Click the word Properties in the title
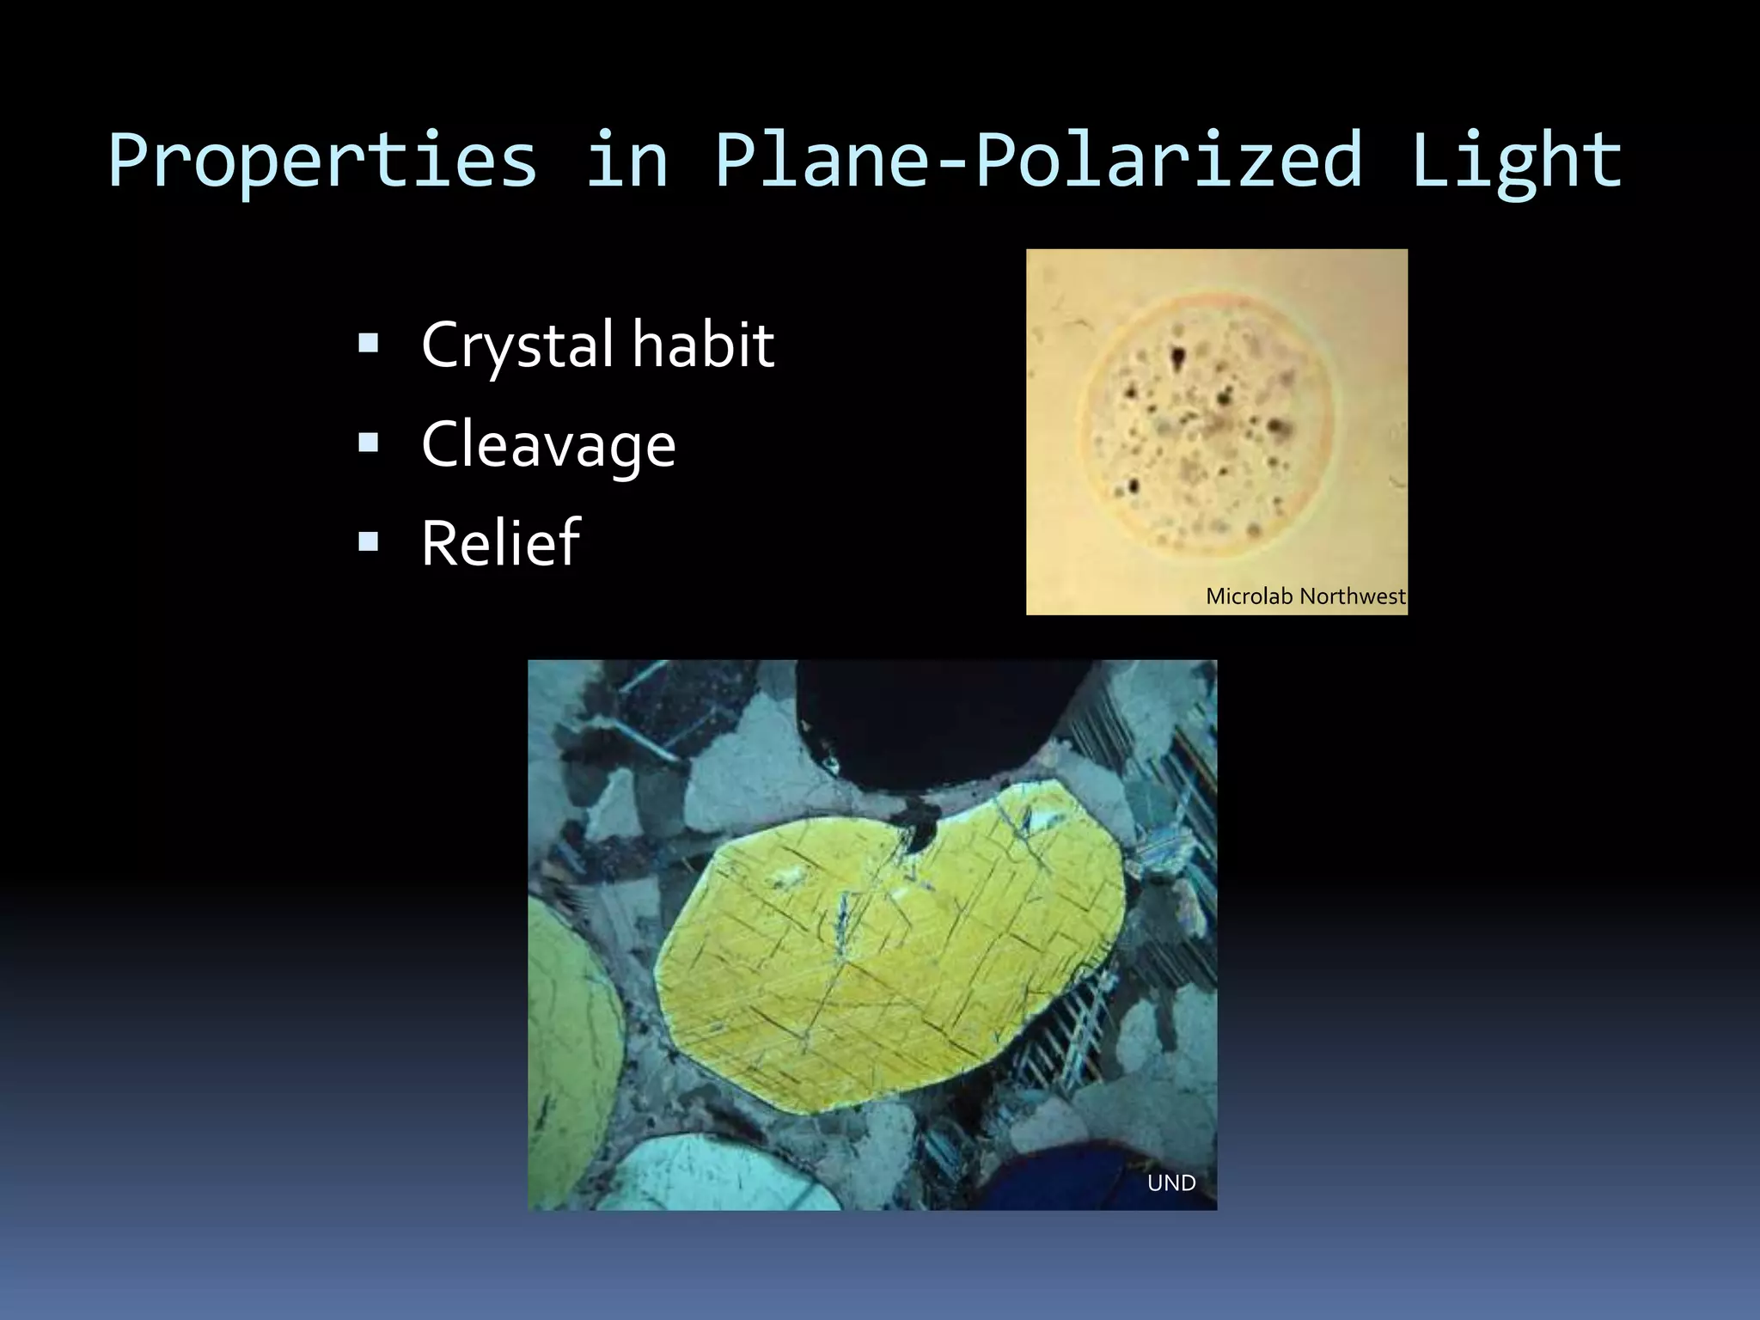322,161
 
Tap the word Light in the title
1516,161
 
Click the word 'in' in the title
626,161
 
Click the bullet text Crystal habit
597,345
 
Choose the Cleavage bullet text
548,445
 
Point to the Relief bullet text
500,543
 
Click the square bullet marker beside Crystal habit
369,344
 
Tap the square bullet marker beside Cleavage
369,443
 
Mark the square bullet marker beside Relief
369,541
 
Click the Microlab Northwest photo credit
1305,596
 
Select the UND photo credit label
1171,1183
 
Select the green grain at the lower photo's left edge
571,1031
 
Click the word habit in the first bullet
703,345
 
